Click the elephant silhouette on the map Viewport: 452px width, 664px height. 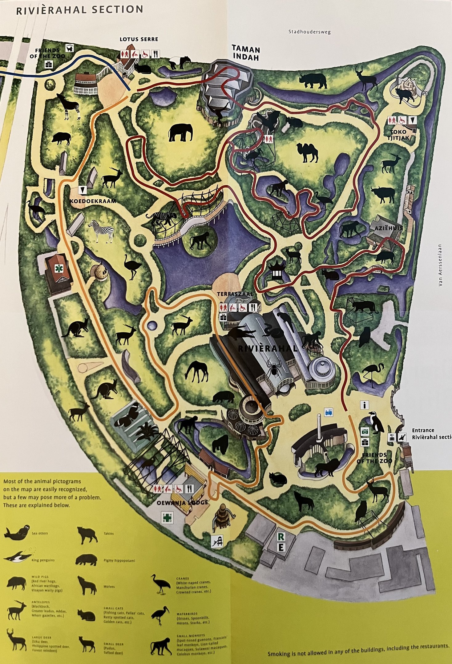180,132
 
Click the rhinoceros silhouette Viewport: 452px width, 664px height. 313,81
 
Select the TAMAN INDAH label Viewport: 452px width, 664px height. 246,53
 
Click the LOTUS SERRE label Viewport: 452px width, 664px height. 139,39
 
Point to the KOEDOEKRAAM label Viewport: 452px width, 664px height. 93,201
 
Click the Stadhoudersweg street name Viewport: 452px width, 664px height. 309,32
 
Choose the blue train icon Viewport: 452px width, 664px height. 329,412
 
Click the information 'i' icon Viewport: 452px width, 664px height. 364,405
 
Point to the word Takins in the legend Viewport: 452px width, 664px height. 108,533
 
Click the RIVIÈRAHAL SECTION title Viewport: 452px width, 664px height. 79,10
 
